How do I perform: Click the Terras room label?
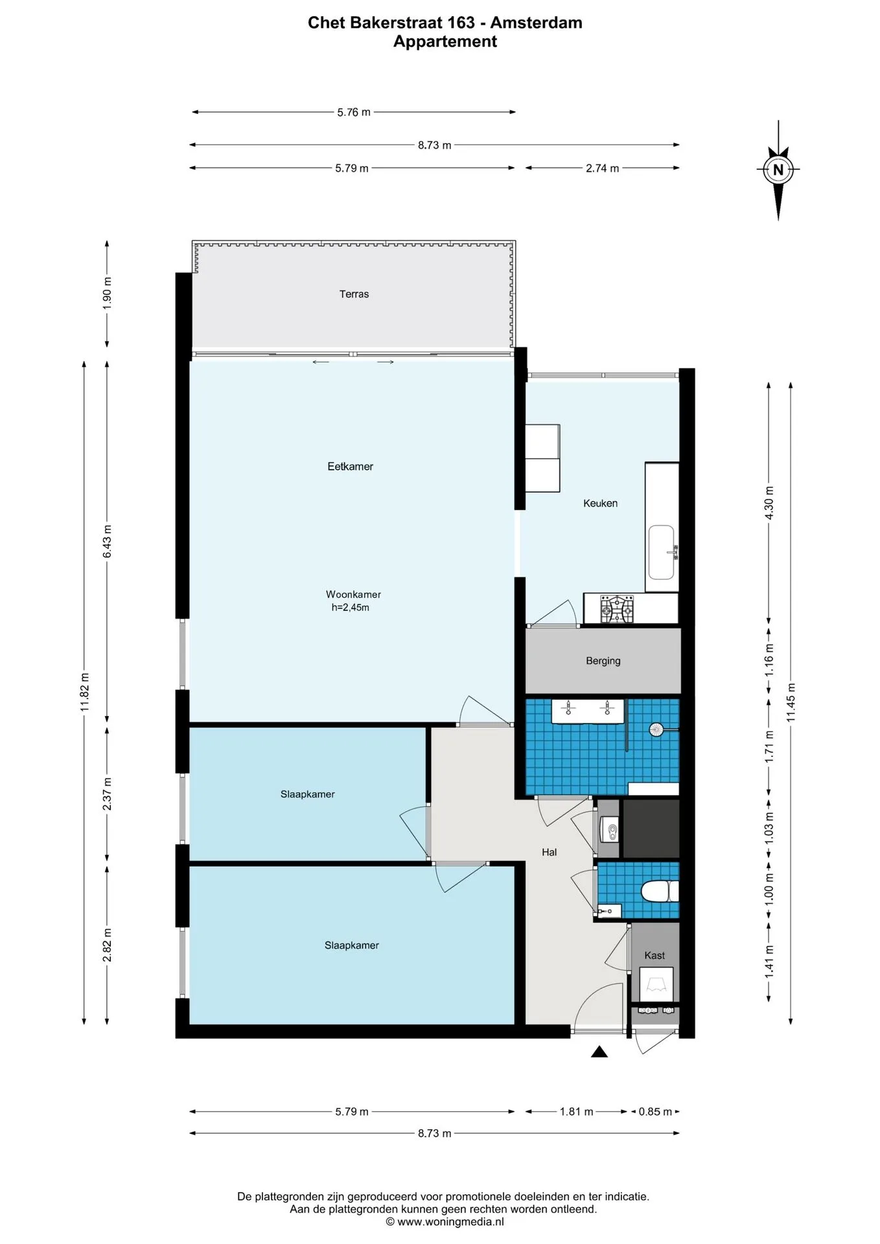point(354,294)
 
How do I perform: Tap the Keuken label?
point(600,503)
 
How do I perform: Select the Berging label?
point(603,661)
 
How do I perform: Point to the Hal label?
point(549,853)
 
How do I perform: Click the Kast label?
point(654,956)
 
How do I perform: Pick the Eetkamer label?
point(350,466)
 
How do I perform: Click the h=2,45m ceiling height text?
point(350,608)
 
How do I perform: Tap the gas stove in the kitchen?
point(617,609)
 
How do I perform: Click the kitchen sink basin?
point(662,553)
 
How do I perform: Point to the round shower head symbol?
point(657,730)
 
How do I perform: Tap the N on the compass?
point(778,170)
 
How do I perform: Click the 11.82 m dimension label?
point(85,693)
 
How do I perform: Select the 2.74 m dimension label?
point(602,168)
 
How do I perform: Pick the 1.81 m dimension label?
point(576,1112)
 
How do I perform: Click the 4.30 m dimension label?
point(769,503)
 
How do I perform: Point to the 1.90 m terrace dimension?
point(108,293)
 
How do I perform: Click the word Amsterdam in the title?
point(536,23)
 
